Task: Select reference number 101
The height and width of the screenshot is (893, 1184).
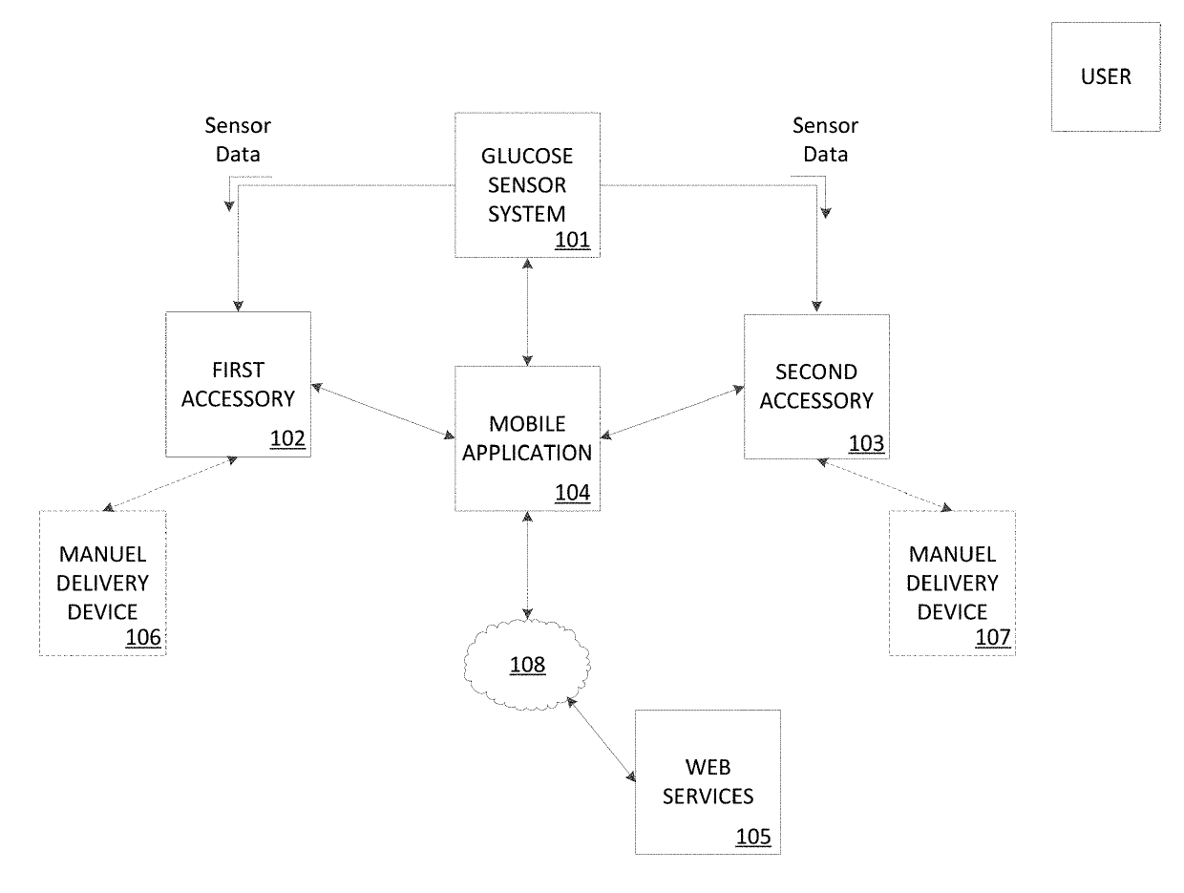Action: [x=572, y=240]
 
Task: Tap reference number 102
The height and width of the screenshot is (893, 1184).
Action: [x=287, y=438]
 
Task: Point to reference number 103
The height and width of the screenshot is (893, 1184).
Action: [x=866, y=443]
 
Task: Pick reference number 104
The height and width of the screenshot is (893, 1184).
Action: [x=572, y=492]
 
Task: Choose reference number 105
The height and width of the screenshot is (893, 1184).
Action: [x=753, y=836]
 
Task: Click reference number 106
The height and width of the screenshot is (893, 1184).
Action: [x=143, y=637]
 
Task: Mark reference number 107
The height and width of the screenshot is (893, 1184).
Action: [x=992, y=637]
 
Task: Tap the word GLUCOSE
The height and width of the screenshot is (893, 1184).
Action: [x=527, y=156]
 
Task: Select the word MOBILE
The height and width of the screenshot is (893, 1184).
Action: [x=527, y=423]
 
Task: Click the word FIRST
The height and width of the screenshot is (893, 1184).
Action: [x=238, y=371]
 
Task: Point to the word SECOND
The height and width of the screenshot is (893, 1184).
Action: [x=816, y=372]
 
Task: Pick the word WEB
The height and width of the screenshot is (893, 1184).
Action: [x=708, y=767]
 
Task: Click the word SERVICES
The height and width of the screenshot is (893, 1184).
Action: [x=708, y=796]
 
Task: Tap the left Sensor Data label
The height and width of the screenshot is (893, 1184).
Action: [x=238, y=139]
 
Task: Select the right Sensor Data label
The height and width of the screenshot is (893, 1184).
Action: [x=825, y=139]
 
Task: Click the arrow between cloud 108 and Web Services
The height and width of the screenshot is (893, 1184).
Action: [x=601, y=739]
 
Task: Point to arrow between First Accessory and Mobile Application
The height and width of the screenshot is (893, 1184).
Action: [x=383, y=411]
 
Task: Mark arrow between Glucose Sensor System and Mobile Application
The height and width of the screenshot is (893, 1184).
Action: [x=527, y=312]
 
